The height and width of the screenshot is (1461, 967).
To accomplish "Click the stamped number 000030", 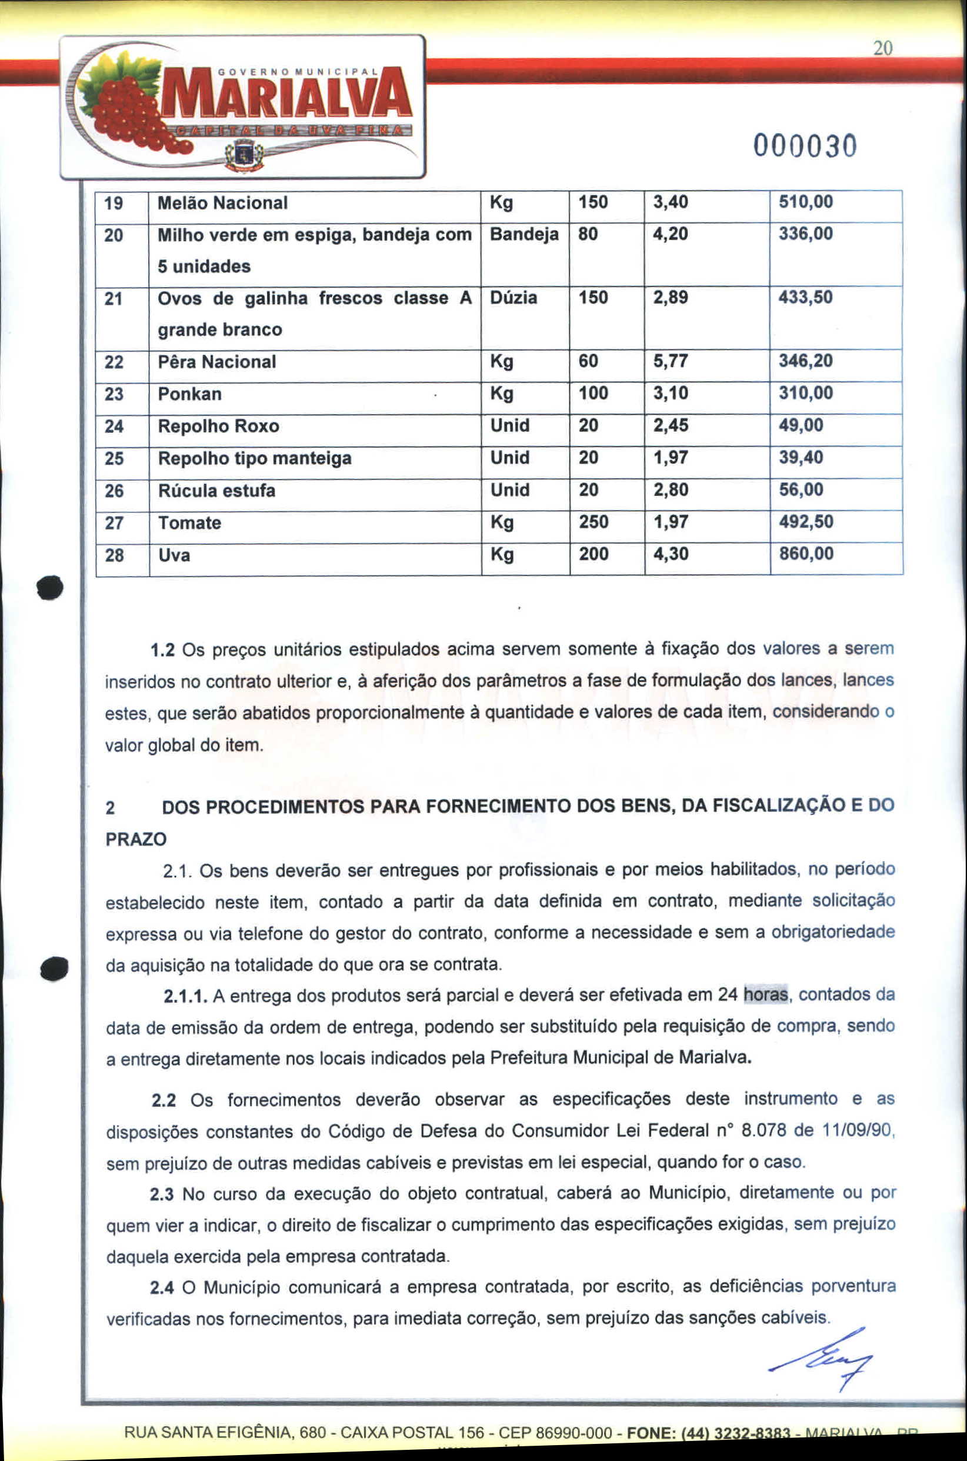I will [x=804, y=147].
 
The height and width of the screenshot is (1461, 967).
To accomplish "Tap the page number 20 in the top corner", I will [x=882, y=49].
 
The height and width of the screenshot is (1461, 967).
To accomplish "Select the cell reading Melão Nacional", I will [x=222, y=203].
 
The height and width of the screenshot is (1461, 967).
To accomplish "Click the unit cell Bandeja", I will [x=523, y=234].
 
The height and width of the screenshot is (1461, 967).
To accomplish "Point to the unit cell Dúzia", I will [x=513, y=298].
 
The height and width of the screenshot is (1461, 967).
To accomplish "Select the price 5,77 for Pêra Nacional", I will [x=671, y=361].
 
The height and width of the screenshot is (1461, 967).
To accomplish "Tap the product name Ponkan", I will [x=189, y=394].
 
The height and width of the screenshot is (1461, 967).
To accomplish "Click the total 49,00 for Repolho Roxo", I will [x=801, y=425].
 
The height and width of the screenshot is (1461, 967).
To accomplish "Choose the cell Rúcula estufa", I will [x=216, y=491].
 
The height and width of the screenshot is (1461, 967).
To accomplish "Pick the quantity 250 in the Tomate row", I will [x=593, y=522].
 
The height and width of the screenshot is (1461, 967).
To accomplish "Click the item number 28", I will [x=114, y=555].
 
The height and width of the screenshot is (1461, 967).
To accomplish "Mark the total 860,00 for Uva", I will [x=805, y=554].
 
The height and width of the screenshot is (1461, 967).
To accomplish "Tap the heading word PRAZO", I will [x=136, y=839].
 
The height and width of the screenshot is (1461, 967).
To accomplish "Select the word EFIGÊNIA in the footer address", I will [x=253, y=1432].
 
